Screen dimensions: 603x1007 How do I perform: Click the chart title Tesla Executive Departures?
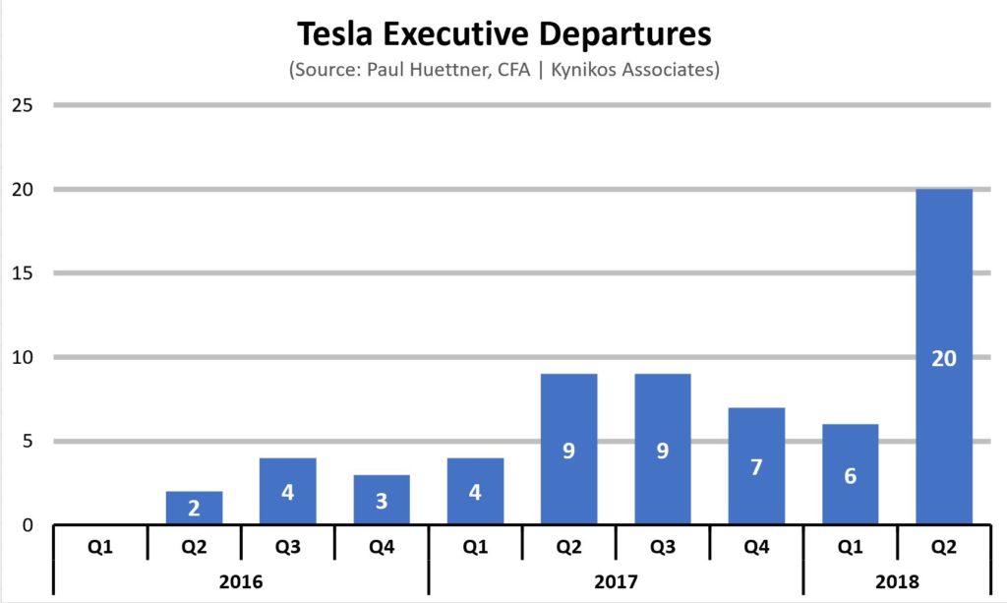pyautogui.click(x=503, y=35)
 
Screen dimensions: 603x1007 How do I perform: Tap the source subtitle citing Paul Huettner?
pyautogui.click(x=503, y=71)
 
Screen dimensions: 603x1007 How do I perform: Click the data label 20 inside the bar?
pyautogui.click(x=943, y=359)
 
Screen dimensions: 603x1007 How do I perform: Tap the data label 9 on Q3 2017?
pyautogui.click(x=662, y=452)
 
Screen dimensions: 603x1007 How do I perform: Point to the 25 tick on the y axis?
pyautogui.click(x=21, y=104)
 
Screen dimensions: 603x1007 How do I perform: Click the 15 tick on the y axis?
pyautogui.click(x=21, y=272)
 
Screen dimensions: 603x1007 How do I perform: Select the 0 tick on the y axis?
pyautogui.click(x=27, y=524)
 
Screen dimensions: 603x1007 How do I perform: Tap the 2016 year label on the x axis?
pyautogui.click(x=241, y=581)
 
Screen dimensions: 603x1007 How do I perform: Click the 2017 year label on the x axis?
pyautogui.click(x=616, y=581)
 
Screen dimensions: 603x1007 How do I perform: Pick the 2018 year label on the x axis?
pyautogui.click(x=896, y=581)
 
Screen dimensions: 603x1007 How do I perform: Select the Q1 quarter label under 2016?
pyautogui.click(x=100, y=546)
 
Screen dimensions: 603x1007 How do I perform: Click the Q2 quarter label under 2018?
pyautogui.click(x=943, y=546)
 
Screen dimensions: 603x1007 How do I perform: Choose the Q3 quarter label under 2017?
pyautogui.click(x=662, y=546)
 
